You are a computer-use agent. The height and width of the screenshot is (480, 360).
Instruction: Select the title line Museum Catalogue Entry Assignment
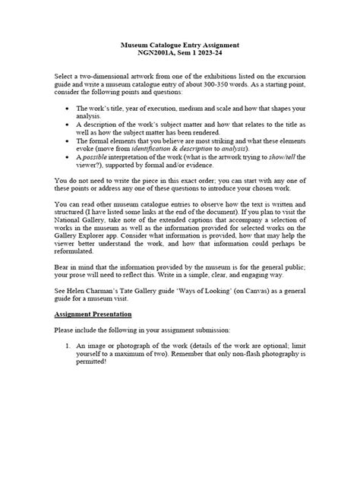pos(179,46)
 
